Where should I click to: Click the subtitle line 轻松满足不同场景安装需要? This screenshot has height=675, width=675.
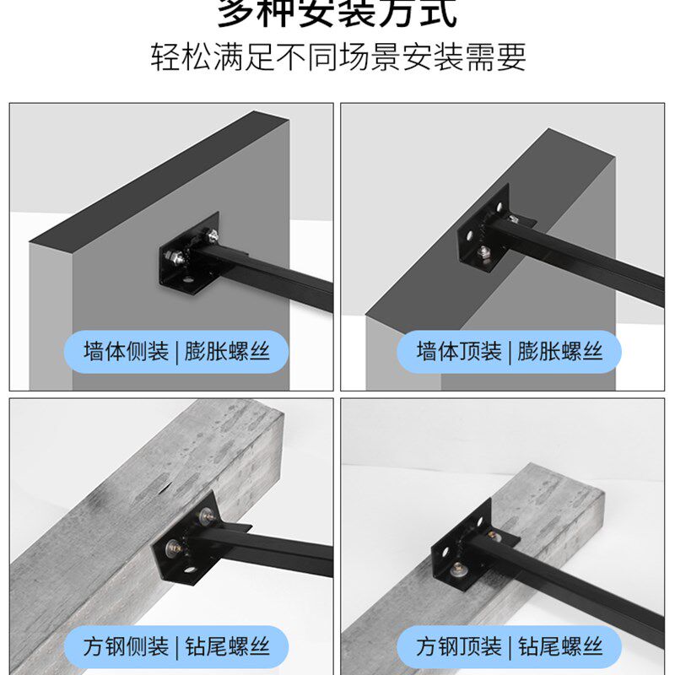[338, 57]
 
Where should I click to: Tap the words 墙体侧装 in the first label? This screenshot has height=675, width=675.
[126, 351]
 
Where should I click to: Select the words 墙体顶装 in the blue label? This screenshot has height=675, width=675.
[459, 351]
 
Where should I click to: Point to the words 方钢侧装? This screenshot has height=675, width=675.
[126, 647]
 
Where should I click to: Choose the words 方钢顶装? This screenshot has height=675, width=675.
[459, 647]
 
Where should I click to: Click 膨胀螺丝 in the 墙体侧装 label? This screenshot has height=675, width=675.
[235, 351]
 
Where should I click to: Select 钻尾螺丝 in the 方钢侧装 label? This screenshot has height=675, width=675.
[235, 647]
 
